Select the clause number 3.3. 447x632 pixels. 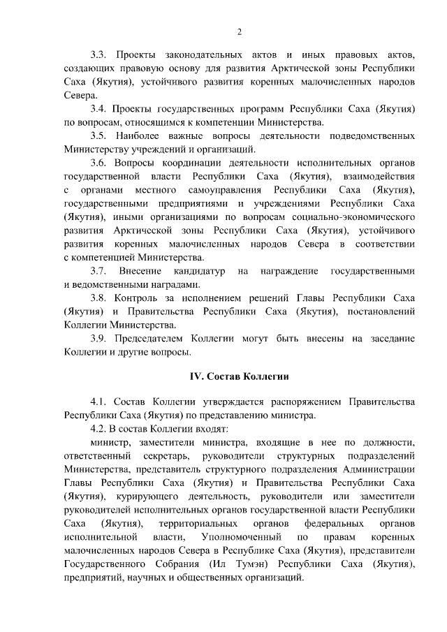click(99, 54)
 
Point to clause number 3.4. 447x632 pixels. click(99, 110)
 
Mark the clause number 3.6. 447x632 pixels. click(99, 162)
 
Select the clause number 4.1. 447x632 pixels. click(99, 402)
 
